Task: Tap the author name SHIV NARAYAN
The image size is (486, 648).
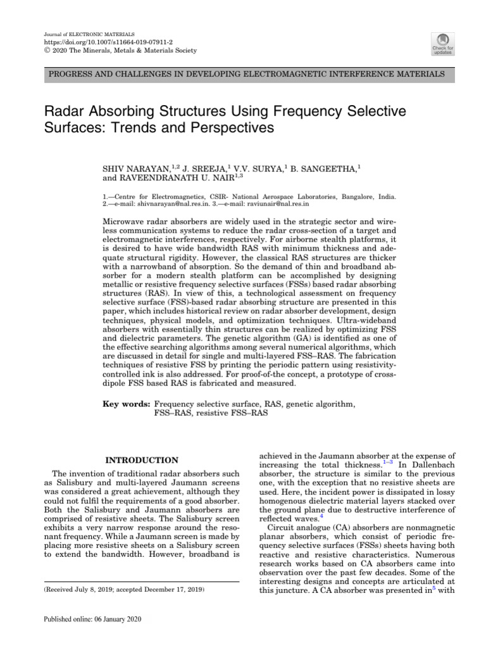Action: [x=137, y=151]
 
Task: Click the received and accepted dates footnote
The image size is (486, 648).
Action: [x=123, y=589]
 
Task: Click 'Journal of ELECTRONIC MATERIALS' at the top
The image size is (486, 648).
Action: [x=81, y=33]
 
